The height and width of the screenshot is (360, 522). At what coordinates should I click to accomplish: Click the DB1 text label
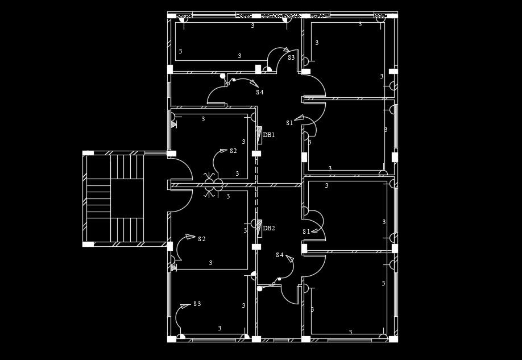click(x=269, y=135)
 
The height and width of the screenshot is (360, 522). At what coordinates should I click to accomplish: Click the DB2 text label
click(x=269, y=228)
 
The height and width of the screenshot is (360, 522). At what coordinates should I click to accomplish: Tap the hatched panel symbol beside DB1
click(x=259, y=135)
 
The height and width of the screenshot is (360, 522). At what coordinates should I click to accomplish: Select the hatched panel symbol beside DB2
click(x=259, y=227)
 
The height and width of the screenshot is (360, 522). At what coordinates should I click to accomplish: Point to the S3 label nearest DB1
click(x=291, y=57)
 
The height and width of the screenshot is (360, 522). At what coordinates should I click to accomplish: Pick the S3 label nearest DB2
click(x=197, y=304)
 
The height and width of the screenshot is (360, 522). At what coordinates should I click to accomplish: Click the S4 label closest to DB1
click(x=259, y=92)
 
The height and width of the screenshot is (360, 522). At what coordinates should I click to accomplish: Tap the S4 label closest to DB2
click(x=279, y=255)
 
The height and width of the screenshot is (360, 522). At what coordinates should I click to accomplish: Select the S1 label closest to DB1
click(x=289, y=123)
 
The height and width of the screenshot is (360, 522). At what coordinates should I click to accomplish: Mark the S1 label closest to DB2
click(x=306, y=231)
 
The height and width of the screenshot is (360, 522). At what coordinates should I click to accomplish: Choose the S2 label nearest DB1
click(x=233, y=151)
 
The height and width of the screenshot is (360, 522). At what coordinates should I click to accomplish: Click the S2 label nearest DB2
click(x=201, y=239)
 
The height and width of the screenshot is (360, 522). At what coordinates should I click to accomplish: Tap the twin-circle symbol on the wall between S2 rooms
click(x=214, y=184)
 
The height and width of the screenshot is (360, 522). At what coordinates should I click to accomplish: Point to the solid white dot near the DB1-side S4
click(x=222, y=76)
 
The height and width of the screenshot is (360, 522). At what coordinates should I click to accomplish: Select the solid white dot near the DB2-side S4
click(x=260, y=289)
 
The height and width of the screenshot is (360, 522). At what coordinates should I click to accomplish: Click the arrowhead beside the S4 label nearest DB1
click(x=254, y=84)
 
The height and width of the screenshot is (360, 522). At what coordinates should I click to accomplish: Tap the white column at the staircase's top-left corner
click(x=88, y=153)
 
